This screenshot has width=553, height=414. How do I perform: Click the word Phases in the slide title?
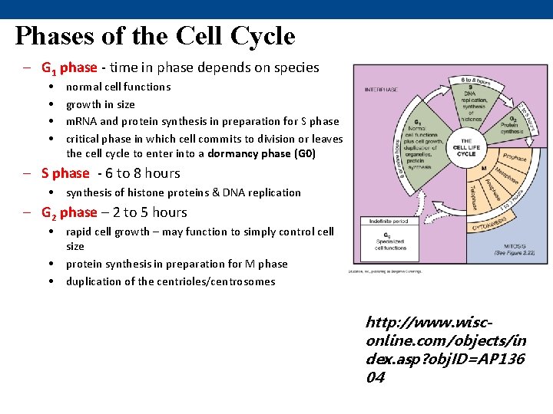coord(53,35)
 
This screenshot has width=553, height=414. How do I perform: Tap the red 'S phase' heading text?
coord(65,173)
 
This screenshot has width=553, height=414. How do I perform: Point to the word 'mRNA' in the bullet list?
coord(81,121)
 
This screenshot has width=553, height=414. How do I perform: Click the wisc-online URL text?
coord(445,349)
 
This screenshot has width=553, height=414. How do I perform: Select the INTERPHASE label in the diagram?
coord(381,90)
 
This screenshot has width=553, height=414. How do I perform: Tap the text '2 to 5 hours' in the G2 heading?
coord(149,212)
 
